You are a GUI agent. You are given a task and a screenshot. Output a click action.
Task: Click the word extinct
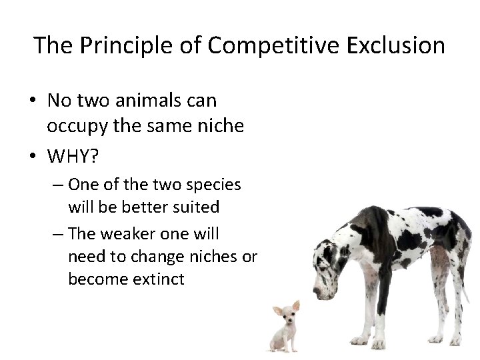coord(159,279)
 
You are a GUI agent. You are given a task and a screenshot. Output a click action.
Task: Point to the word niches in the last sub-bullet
coord(217,257)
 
